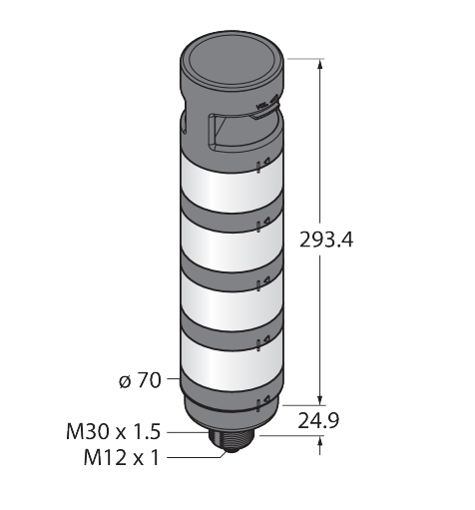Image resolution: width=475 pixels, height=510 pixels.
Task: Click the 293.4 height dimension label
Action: coord(326,240)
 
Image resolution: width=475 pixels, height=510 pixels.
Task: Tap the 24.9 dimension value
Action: coord(318,421)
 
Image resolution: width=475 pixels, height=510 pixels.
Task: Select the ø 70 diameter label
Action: coord(140,380)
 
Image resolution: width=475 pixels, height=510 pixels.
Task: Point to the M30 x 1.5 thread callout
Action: coord(114,432)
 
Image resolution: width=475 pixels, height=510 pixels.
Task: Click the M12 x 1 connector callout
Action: coord(122,457)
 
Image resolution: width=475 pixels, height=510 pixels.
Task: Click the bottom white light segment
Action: coord(232,362)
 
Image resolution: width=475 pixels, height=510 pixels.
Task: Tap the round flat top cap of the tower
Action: coord(232,62)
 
